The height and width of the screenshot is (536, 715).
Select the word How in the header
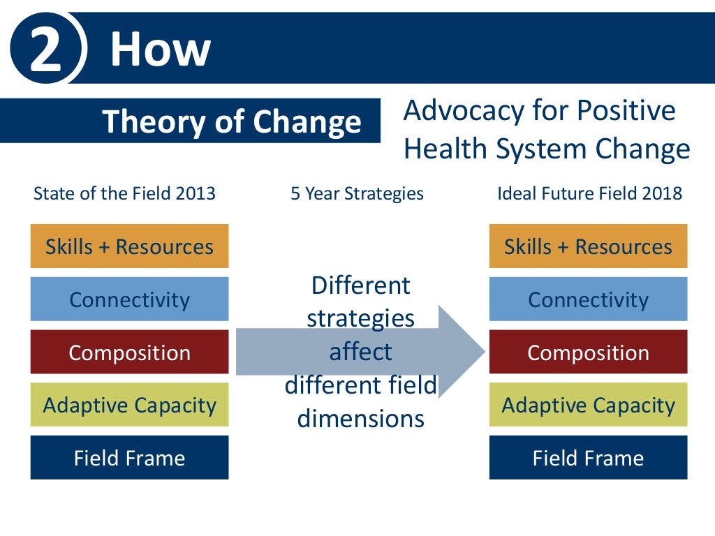click(160, 50)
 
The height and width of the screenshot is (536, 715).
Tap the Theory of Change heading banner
click(231, 121)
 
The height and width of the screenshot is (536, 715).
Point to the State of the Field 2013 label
click(124, 193)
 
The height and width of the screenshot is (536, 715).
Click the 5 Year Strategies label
click(357, 193)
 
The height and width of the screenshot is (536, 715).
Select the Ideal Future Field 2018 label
click(589, 193)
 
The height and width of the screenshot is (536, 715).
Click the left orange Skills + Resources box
click(129, 246)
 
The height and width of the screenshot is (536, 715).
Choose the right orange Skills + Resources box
click(588, 246)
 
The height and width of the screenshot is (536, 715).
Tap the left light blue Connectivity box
click(129, 299)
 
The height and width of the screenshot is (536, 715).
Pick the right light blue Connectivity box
click(588, 299)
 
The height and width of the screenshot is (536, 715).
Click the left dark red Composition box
click(129, 352)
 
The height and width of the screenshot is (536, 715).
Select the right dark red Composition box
click(588, 352)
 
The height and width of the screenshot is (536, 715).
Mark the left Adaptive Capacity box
click(129, 405)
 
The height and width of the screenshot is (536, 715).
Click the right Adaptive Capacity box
click(588, 405)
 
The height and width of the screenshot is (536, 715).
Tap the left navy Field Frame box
click(129, 458)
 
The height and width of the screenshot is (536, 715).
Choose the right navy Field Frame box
click(588, 458)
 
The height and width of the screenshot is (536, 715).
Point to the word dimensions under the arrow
click(360, 418)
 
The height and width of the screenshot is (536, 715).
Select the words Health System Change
click(547, 149)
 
